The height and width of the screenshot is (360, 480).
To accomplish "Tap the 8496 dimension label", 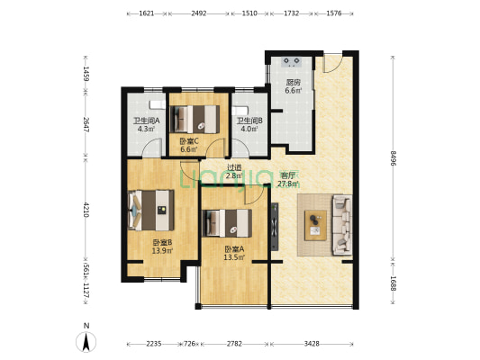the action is point(394,158).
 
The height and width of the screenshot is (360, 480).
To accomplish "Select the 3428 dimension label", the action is point(312,344).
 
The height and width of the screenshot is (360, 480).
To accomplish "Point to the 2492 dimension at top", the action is point(199,13).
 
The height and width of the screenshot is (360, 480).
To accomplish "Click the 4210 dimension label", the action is point(86,210).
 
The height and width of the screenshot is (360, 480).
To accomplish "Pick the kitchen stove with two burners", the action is point(292,62).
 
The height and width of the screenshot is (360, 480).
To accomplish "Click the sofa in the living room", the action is point(342,225).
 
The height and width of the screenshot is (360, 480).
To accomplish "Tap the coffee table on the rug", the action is point(315,225).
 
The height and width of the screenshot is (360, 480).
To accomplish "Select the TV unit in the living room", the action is point(275,227).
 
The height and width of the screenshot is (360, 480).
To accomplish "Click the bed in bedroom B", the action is point(151,210).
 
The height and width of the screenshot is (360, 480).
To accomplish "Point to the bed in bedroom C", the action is point(195,120).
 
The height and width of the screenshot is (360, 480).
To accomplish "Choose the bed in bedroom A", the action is point(227,223).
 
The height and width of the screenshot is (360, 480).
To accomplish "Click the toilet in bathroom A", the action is point(158,104).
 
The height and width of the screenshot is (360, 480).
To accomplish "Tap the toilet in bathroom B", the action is point(240,111).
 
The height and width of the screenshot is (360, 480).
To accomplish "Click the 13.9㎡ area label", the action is point(162,251).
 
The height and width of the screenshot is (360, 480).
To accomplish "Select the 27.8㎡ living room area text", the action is point(288,184).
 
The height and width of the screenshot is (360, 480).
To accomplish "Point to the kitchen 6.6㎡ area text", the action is point(294,91).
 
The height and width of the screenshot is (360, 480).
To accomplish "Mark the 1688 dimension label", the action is point(394,283).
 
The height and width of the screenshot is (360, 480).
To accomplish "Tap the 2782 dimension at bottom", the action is point(234,344).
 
